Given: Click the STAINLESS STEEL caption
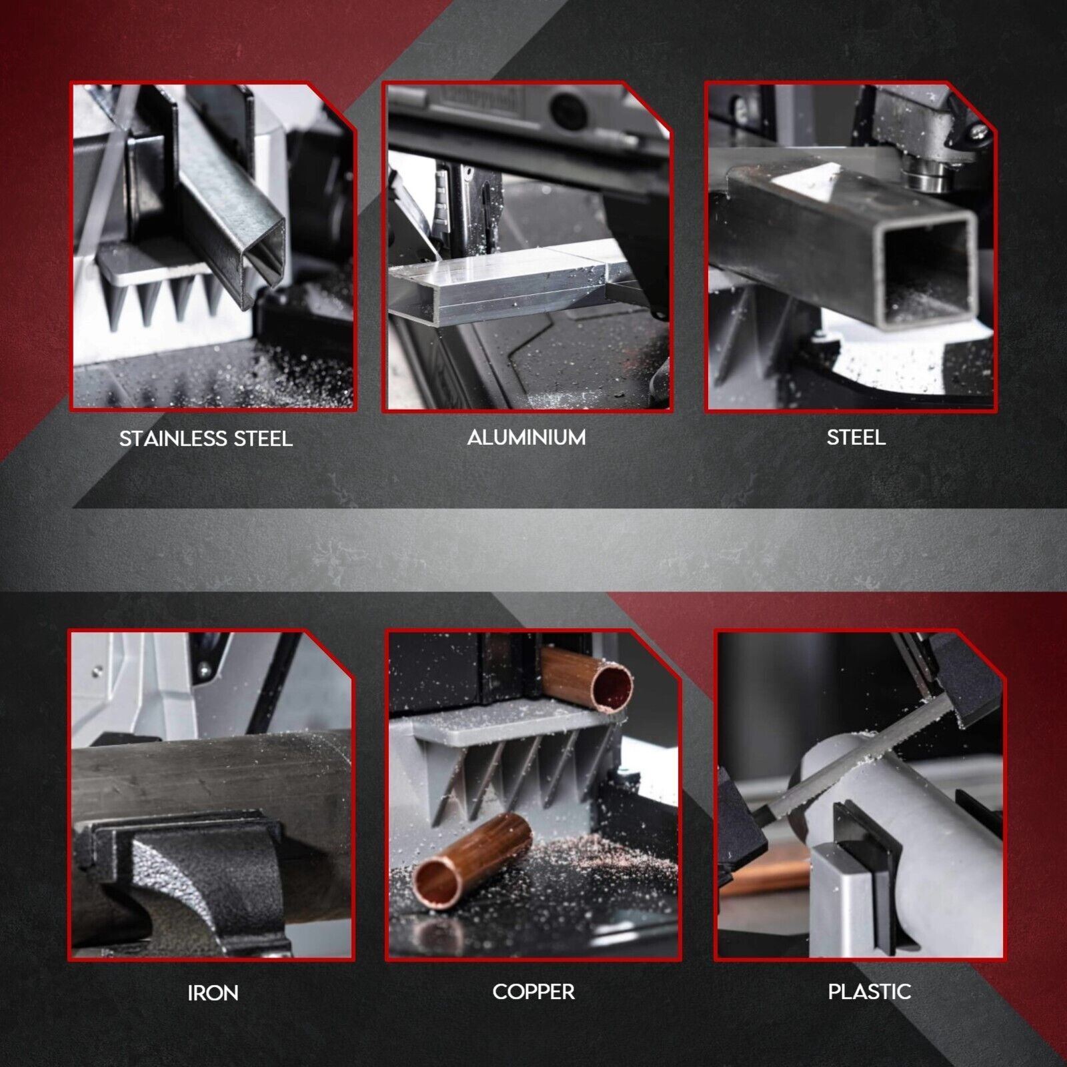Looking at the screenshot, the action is click(x=206, y=438).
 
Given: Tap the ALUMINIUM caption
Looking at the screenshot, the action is click(x=527, y=437).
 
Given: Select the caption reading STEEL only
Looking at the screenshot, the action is click(x=856, y=437).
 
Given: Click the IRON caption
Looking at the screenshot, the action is click(x=213, y=993).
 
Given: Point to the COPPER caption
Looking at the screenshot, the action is click(x=533, y=992).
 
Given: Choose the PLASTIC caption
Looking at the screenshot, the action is click(x=870, y=992).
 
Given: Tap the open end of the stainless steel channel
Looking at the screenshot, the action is click(x=263, y=267).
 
